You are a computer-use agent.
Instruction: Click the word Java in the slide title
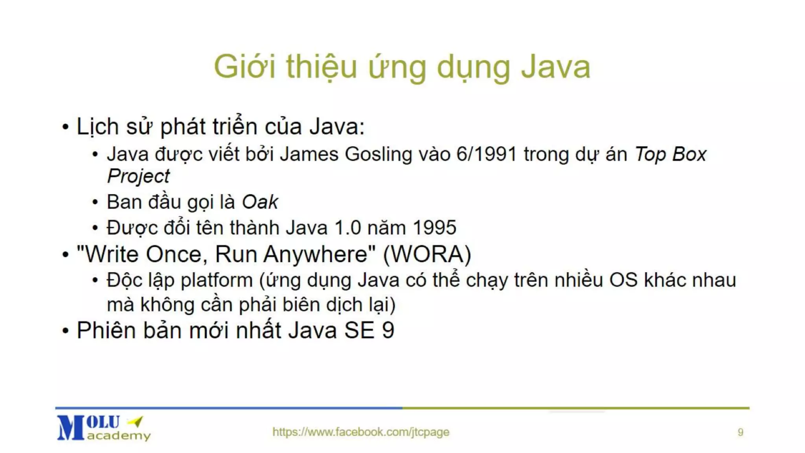[555, 67]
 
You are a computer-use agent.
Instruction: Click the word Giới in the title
[244, 67]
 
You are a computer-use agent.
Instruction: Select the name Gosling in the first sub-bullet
[378, 155]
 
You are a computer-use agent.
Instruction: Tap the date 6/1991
[486, 154]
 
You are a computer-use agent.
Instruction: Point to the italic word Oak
[260, 203]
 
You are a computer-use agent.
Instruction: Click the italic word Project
[138, 176]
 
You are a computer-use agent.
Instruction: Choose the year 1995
[434, 228]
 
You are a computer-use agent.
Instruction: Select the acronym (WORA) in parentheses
[427, 254]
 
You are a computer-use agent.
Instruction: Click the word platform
[217, 281]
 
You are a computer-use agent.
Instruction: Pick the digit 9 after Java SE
[388, 330]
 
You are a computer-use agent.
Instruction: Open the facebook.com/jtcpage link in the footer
[361, 432]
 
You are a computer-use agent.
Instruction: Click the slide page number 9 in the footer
[741, 433]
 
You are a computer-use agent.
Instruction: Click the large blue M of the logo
[71, 428]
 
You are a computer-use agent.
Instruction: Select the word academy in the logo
[119, 436]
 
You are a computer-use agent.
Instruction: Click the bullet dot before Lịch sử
[66, 127]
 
